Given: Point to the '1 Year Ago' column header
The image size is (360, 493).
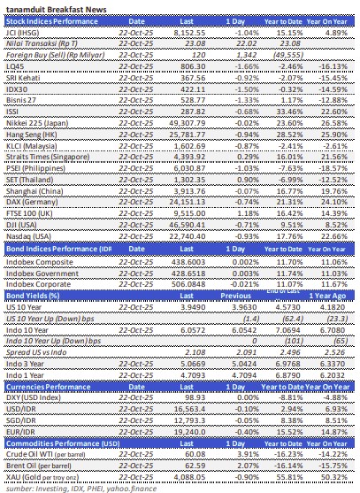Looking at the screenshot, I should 333,295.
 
